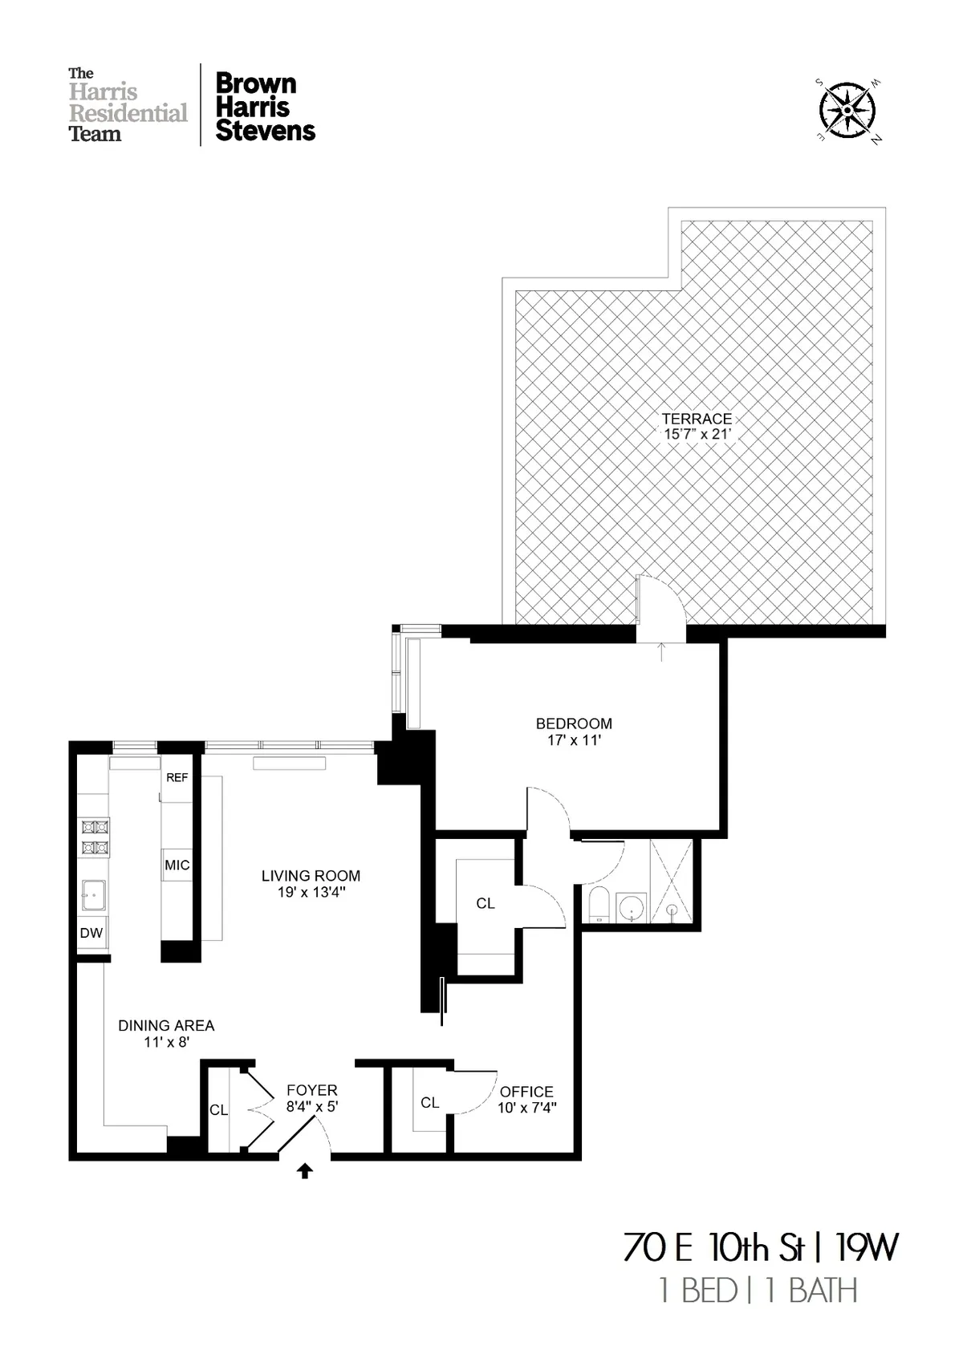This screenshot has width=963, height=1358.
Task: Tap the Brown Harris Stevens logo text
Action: click(265, 107)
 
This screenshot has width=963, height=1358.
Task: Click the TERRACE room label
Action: click(697, 419)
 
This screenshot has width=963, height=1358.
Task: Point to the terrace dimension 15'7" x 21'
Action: click(697, 434)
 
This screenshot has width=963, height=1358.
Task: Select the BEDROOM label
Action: click(574, 724)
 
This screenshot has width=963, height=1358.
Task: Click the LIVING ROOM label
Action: click(311, 876)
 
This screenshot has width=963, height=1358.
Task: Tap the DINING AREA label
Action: click(166, 1025)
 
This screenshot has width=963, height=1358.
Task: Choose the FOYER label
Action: click(312, 1090)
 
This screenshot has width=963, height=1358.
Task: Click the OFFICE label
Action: click(526, 1092)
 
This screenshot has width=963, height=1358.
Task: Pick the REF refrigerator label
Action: click(177, 778)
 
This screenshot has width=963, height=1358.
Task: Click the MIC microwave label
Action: click(177, 865)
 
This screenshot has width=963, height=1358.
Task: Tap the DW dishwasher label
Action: click(91, 933)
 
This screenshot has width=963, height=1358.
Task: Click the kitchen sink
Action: click(93, 894)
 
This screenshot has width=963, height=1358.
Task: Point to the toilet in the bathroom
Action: click(597, 904)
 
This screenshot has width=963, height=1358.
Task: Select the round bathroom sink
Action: click(632, 908)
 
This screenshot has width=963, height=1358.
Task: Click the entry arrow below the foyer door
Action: click(304, 1172)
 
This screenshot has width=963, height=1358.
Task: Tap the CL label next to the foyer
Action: click(218, 1110)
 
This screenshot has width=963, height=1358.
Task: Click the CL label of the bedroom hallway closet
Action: click(486, 903)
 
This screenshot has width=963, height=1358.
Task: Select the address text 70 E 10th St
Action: click(713, 1248)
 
